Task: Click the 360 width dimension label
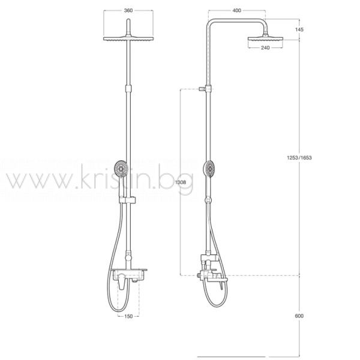pyautogui.click(x=128, y=11)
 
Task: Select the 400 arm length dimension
pyautogui.click(x=237, y=11)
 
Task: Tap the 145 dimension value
pyautogui.click(x=299, y=29)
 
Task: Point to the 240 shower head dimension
pyautogui.click(x=265, y=48)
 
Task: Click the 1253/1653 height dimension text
pyautogui.click(x=299, y=158)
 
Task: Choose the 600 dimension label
pyautogui.click(x=299, y=316)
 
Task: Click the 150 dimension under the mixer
pyautogui.click(x=128, y=316)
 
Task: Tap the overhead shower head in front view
pyautogui.click(x=128, y=38)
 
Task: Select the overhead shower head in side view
pyautogui.click(x=265, y=38)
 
